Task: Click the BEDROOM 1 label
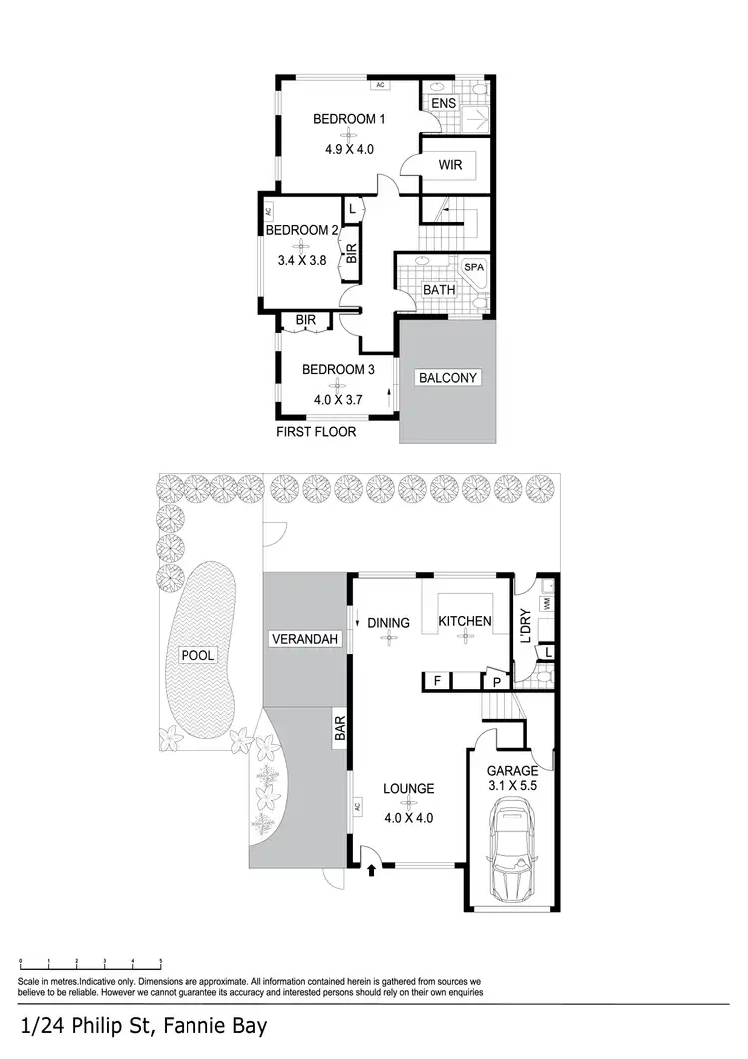(x=349, y=119)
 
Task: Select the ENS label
(x=443, y=103)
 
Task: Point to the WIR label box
(x=450, y=165)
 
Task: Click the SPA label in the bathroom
(x=472, y=268)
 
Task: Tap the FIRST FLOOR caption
(x=316, y=433)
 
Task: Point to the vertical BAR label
(x=340, y=725)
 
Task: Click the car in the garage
(x=512, y=853)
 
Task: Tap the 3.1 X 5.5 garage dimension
(x=512, y=786)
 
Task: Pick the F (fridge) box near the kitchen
(x=436, y=681)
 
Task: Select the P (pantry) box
(x=496, y=681)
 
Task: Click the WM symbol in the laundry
(x=547, y=604)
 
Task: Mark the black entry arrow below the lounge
(x=373, y=871)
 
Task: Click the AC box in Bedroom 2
(x=268, y=212)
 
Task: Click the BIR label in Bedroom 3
(x=306, y=320)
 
